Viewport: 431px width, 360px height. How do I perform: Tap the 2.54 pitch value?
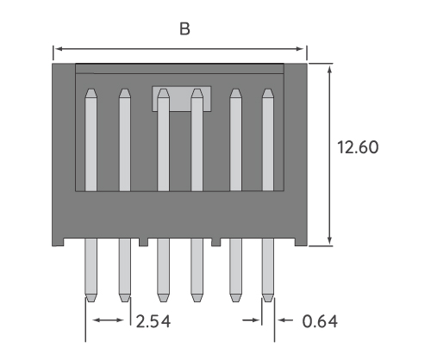152,322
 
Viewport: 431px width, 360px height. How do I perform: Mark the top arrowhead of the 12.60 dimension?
330,68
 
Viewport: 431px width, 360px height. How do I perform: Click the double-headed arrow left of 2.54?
108,321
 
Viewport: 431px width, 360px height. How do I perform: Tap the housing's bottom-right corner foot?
299,242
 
